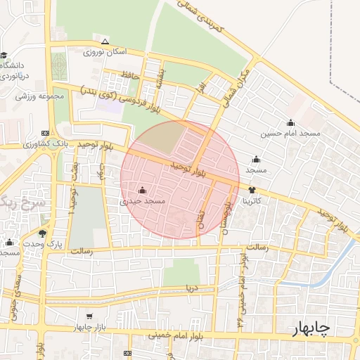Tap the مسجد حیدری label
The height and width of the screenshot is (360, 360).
click(143, 201)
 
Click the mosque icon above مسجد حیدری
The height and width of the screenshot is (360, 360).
click(143, 190)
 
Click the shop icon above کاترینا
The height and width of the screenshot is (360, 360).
click(252, 190)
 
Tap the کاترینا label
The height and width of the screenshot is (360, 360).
click(252, 201)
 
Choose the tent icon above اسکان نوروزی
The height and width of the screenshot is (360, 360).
click(105, 41)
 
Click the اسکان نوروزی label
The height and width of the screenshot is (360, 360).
click(105, 52)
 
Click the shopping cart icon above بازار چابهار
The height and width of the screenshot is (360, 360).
click(89, 317)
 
